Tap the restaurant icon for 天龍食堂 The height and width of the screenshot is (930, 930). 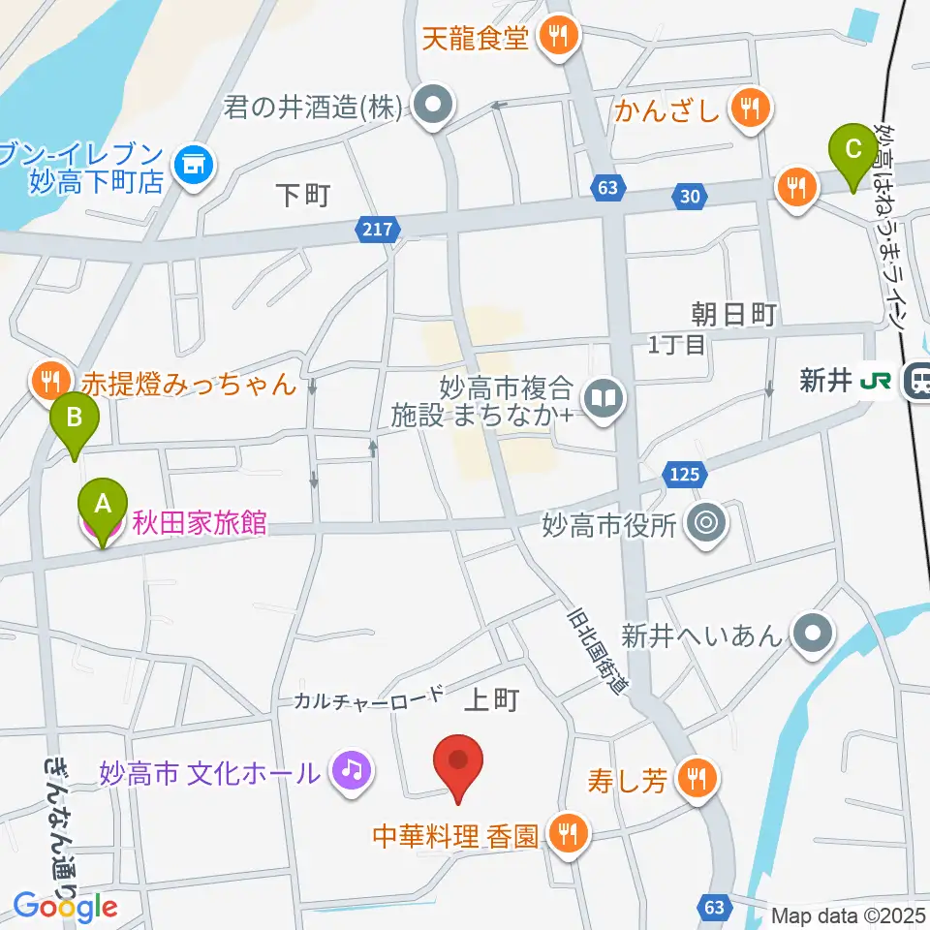coord(559,39)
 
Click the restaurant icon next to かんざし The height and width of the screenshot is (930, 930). coord(751,108)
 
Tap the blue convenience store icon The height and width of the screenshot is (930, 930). coord(194,164)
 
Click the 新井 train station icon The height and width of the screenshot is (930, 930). coord(914,382)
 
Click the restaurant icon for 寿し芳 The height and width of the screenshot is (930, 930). coord(696,774)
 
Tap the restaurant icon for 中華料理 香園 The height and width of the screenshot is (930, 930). coord(568,832)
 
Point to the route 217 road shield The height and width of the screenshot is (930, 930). coord(378,230)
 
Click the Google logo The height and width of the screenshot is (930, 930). coord(65,908)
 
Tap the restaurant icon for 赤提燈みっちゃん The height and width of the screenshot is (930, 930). coord(48,381)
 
